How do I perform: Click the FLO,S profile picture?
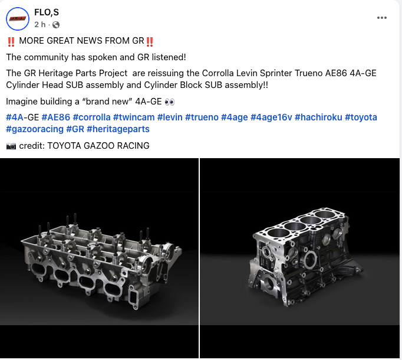tap(18, 19)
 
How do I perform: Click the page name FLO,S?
tap(47, 12)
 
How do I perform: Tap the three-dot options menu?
tap(382, 18)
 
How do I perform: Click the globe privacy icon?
tap(56, 25)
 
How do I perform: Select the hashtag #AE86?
tap(55, 117)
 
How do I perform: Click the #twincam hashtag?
tap(134, 117)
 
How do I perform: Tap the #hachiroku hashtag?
tap(318, 117)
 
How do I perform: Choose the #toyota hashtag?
tap(361, 117)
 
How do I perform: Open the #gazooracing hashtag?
tap(35, 129)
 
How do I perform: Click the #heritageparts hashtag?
tap(118, 129)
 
